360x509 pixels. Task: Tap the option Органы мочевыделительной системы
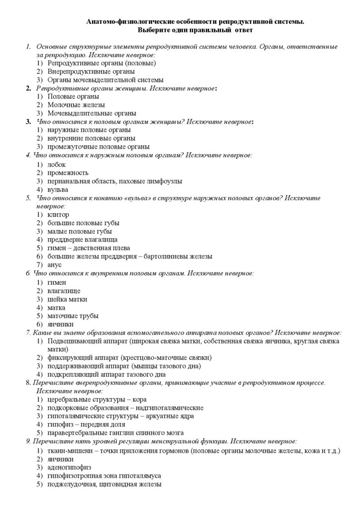[105, 80]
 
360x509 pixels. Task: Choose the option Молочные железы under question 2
[76, 105]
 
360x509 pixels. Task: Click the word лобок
[57, 164]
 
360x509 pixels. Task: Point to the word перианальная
[69, 181]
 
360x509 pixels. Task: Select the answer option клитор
[58, 215]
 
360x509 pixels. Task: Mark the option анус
[55, 265]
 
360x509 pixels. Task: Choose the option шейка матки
[67, 299]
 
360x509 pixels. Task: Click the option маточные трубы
[73, 316]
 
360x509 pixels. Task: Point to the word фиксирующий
[69, 357]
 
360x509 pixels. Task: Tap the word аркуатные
[163, 416]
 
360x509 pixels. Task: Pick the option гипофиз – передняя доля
[86, 424]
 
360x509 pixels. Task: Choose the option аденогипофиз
[69, 467]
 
